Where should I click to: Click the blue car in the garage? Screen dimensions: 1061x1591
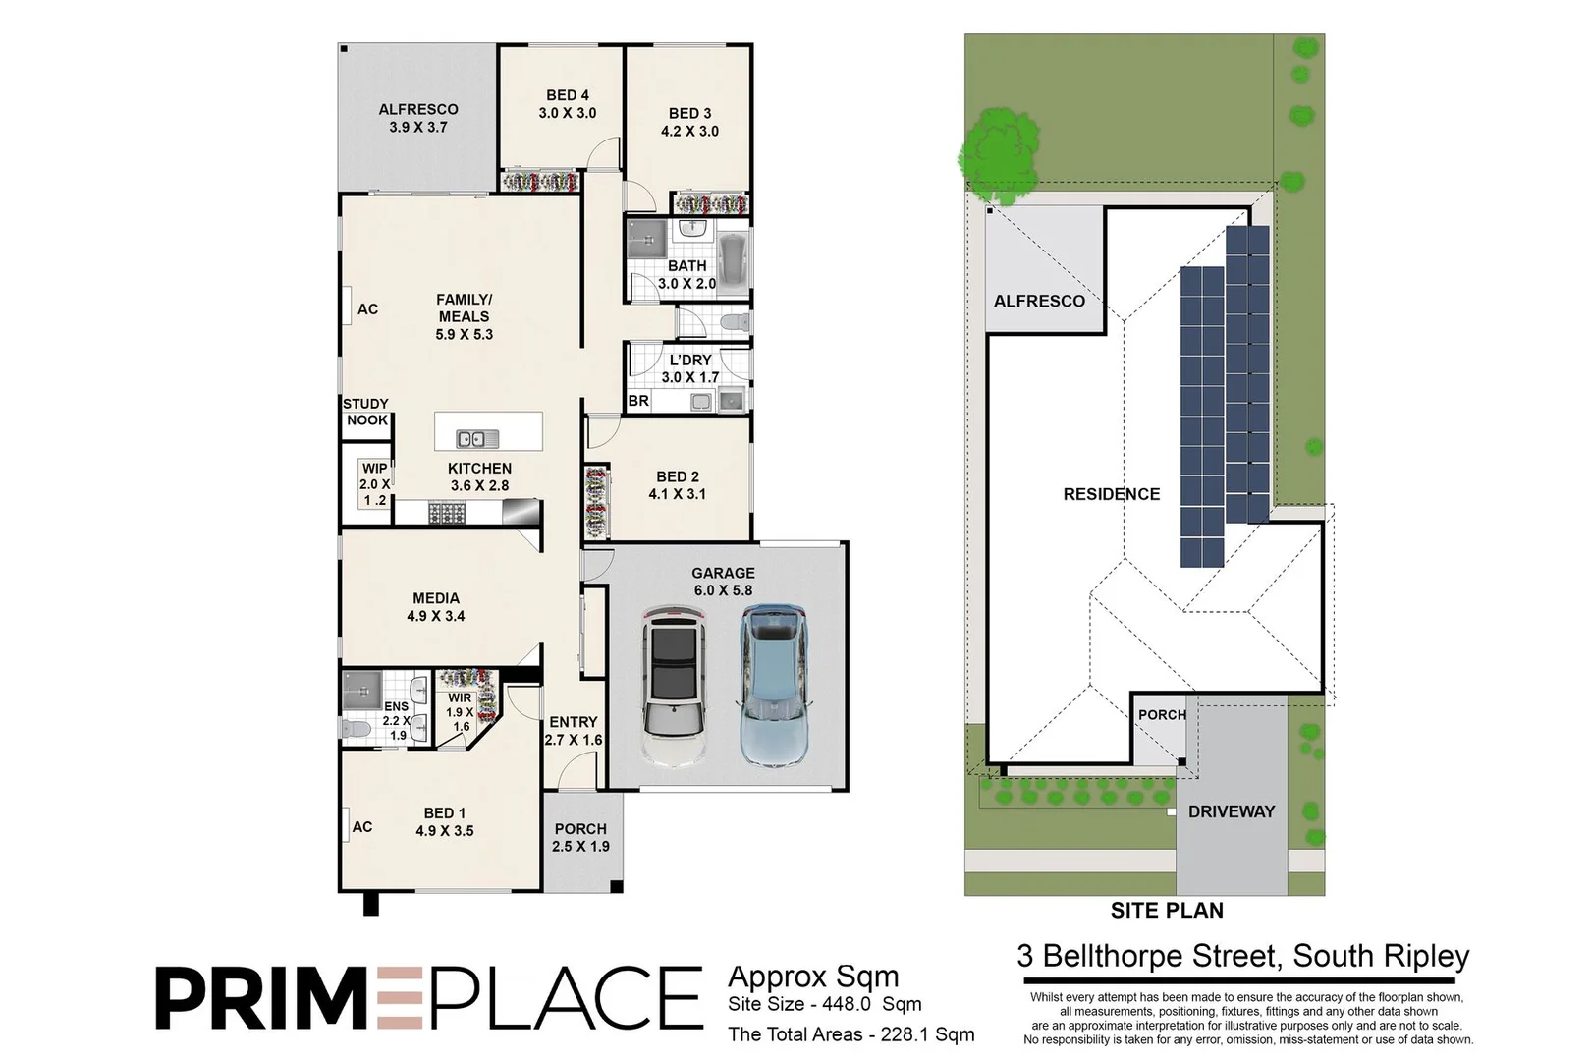tap(772, 685)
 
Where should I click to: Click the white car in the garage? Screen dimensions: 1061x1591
tap(674, 685)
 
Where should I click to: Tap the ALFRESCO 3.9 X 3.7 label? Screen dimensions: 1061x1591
tap(418, 118)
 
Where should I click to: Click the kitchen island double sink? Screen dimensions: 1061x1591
tap(471, 438)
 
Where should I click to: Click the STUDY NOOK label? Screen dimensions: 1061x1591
tap(365, 412)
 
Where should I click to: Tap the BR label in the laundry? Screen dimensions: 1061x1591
tap(638, 401)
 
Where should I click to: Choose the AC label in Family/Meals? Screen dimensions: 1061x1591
tap(367, 309)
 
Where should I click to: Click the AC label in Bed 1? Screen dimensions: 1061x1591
tap(361, 827)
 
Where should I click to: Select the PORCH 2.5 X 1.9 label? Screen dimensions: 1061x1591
tap(580, 837)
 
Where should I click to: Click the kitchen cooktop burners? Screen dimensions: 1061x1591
tap(446, 513)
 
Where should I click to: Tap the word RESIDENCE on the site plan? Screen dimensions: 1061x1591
tap(1111, 494)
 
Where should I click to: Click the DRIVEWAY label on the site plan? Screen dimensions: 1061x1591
tap(1231, 811)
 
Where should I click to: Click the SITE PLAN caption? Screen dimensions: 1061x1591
tap(1166, 911)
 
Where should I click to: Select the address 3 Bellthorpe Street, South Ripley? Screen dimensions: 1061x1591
tap(1242, 956)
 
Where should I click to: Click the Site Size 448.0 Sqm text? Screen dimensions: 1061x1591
tap(824, 1004)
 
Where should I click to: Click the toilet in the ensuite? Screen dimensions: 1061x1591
tap(356, 729)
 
